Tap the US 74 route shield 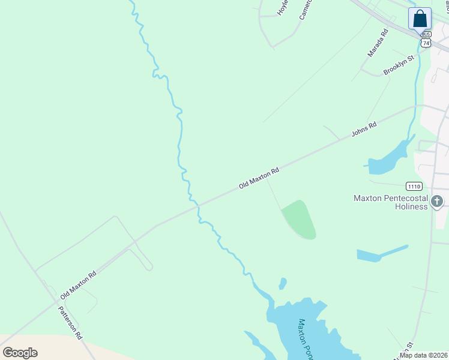coord(426,43)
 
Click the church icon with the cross coord(437,202)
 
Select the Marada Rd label coord(378,43)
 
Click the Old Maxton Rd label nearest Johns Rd coord(259,179)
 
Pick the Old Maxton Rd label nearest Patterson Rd coord(78,286)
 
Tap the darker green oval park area coord(300,219)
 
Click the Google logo coord(20,352)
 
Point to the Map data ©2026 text coord(423,355)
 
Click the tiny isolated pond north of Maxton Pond coord(282,283)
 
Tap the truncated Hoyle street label coord(282,7)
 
